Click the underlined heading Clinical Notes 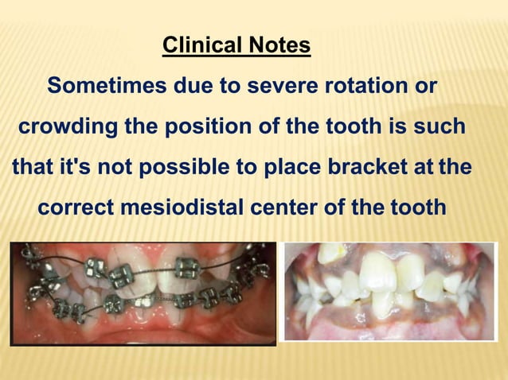(x=236, y=45)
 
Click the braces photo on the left (x=143, y=293)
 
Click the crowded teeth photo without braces (x=389, y=292)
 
